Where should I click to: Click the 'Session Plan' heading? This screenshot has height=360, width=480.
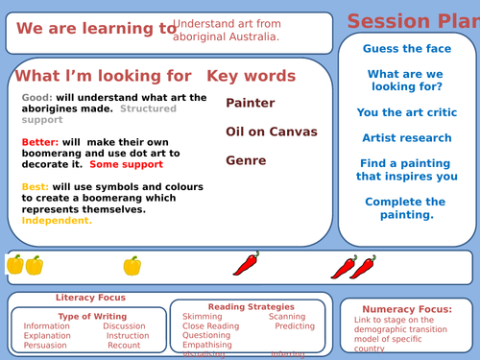point(413,21)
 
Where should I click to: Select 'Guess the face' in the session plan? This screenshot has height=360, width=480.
point(404,49)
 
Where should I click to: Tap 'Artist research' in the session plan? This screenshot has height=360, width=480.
point(406,138)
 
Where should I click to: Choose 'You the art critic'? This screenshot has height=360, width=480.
point(406,112)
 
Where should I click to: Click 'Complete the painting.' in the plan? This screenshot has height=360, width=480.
point(404,208)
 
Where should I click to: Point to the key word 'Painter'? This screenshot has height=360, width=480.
point(251,103)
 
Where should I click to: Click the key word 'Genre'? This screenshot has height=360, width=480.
point(246,161)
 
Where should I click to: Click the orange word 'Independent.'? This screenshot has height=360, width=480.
point(57,221)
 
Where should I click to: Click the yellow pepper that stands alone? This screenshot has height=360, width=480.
point(132,265)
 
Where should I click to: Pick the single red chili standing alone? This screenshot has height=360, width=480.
point(246,265)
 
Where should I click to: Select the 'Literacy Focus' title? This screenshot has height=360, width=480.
point(90,298)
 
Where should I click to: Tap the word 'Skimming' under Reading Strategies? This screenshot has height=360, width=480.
point(203,316)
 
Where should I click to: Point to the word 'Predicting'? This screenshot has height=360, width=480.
point(295,326)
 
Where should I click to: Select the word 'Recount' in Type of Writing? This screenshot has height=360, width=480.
point(124,346)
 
